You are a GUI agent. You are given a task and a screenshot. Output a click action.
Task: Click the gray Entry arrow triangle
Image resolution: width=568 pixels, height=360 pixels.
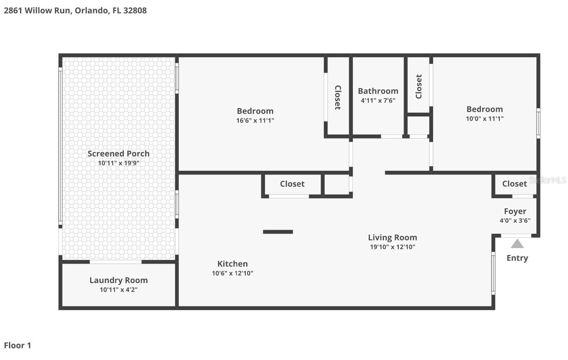pyautogui.click(x=517, y=244)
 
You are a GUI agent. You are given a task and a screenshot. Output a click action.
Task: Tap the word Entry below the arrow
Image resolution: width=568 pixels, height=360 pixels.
pyautogui.click(x=517, y=258)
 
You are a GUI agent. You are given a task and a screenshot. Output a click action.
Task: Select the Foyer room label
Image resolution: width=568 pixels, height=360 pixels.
pyautogui.click(x=515, y=211)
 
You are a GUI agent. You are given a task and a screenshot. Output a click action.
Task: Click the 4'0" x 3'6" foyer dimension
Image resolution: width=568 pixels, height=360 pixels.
pyautogui.click(x=515, y=221)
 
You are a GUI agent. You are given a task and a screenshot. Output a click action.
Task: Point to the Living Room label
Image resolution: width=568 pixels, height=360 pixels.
pyautogui.click(x=392, y=237)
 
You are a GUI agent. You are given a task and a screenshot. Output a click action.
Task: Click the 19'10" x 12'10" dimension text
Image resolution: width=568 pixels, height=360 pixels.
pyautogui.click(x=392, y=247)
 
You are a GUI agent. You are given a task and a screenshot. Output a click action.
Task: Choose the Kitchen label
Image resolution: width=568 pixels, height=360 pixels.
pyautogui.click(x=232, y=264)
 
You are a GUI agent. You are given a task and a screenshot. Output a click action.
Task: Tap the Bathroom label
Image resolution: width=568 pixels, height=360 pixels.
pyautogui.click(x=378, y=91)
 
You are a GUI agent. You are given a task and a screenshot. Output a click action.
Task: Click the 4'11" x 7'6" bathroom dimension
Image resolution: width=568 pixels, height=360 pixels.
pyautogui.click(x=378, y=101)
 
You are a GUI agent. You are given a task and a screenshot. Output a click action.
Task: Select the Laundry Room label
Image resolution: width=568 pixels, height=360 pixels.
pyautogui.click(x=119, y=280)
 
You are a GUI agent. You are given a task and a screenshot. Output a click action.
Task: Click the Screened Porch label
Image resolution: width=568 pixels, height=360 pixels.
pyautogui.click(x=119, y=154)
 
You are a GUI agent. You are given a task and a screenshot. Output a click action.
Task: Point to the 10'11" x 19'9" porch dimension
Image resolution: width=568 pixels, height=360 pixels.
pyautogui.click(x=119, y=163)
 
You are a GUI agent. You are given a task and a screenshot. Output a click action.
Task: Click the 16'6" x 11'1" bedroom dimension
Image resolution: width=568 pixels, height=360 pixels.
pyautogui.click(x=255, y=121)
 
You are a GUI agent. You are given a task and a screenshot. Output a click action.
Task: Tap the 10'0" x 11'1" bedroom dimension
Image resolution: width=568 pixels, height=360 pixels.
pyautogui.click(x=485, y=119)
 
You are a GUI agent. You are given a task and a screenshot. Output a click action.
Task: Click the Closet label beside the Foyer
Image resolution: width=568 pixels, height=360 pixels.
pyautogui.click(x=514, y=184)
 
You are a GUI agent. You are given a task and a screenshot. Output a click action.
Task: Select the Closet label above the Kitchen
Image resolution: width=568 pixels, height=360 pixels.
pyautogui.click(x=292, y=184)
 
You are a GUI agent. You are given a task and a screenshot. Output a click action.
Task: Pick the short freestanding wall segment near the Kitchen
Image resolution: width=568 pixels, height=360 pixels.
pyautogui.click(x=278, y=232)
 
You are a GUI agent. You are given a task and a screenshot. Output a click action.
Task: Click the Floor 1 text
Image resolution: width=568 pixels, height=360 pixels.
pyautogui.click(x=18, y=345)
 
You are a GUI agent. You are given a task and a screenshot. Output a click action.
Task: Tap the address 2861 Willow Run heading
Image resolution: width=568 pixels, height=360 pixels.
pyautogui.click(x=75, y=11)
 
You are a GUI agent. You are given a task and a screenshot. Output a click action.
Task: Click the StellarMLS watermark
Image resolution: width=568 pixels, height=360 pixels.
pyautogui.click(x=548, y=180)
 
